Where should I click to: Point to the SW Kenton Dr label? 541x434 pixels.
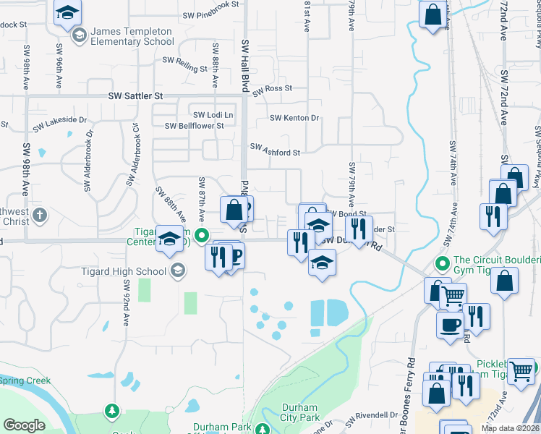[x=294, y=118]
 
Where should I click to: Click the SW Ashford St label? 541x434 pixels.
[x=275, y=149]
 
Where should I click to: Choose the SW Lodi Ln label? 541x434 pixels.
[x=213, y=115]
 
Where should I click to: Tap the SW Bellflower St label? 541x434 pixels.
[x=195, y=126]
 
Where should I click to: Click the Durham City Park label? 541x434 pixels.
[x=299, y=412]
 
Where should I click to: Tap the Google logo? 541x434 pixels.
[x=24, y=425]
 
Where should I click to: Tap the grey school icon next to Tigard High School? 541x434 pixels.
[x=176, y=271]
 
